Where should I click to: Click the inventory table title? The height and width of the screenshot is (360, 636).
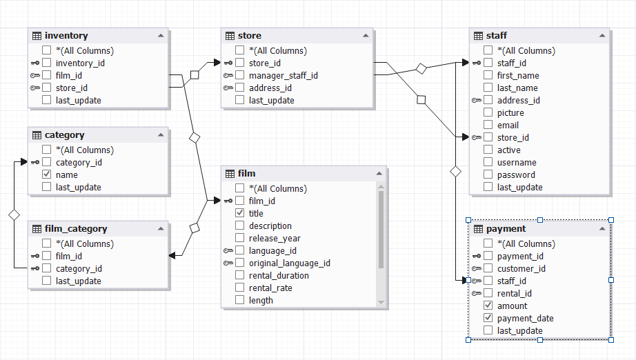(66, 36)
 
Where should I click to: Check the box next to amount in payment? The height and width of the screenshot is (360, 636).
(488, 306)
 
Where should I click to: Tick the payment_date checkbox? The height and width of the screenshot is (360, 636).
(488, 318)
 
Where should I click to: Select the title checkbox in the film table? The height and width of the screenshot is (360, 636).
(240, 213)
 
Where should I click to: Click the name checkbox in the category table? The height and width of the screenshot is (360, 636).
(47, 174)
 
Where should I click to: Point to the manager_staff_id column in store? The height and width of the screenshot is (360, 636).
(283, 76)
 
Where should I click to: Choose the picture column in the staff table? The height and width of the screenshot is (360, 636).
(510, 113)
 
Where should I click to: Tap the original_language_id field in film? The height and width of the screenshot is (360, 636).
(289, 263)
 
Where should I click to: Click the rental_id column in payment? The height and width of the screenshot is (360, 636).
(514, 293)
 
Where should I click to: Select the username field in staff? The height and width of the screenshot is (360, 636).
(517, 163)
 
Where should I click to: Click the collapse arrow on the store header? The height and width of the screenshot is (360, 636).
(365, 36)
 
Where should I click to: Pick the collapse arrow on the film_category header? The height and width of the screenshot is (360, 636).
(161, 229)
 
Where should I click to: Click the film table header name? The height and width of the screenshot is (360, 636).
(247, 174)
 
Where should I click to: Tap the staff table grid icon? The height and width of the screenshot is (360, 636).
(478, 36)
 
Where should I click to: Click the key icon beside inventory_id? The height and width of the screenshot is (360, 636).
(34, 63)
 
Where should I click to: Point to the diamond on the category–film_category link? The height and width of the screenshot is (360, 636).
(14, 215)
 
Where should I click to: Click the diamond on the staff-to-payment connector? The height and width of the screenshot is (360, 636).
(455, 170)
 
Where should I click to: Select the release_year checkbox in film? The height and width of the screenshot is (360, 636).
(240, 238)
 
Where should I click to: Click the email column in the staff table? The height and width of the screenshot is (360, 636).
(508, 126)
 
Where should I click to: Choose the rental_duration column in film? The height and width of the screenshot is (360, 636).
(279, 276)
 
